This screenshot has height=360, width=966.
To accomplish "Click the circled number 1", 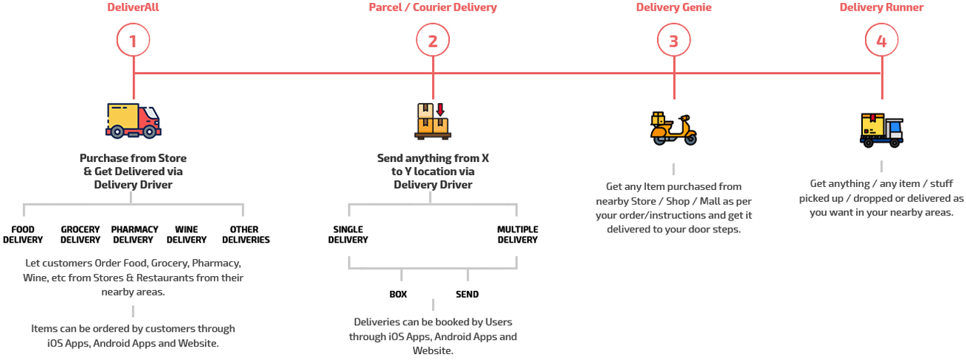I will click(134, 42).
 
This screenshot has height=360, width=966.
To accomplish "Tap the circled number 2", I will click(433, 42).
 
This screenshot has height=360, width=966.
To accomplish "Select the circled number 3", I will click(673, 42).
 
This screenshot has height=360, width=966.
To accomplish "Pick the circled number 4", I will click(881, 42).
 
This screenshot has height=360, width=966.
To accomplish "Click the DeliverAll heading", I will click(134, 8).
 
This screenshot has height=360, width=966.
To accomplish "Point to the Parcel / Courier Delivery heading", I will click(433, 8).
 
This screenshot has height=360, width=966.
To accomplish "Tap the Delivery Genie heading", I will click(673, 8).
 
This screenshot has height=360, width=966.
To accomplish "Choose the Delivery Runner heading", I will click(881, 8).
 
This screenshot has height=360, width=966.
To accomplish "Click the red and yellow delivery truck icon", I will click(134, 120).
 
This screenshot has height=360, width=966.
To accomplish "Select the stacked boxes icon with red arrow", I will click(433, 120).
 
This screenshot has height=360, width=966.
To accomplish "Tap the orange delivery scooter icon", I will click(673, 128).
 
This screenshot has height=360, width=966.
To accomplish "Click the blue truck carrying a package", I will click(881, 130).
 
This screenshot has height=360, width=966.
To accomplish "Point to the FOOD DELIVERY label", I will click(23, 235).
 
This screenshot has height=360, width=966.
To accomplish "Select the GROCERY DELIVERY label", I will click(80, 235).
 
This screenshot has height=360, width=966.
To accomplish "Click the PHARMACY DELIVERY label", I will click(134, 235).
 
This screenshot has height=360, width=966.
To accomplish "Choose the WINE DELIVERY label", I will click(186, 235).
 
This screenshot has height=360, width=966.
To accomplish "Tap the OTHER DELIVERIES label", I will click(246, 235).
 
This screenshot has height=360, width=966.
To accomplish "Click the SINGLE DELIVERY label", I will click(348, 235).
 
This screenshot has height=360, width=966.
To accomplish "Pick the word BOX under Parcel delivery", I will click(398, 295).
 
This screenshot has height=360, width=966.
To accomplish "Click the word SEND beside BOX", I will click(467, 295).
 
